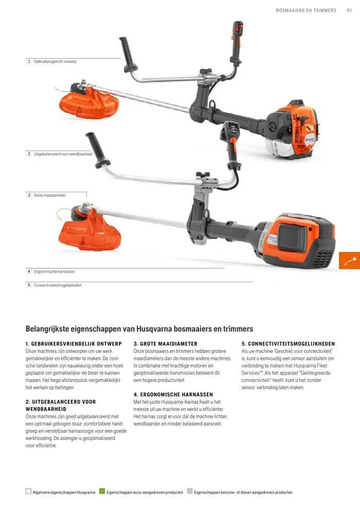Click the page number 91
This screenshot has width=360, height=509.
click(x=349, y=10)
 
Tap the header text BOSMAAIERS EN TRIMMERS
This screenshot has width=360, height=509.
click(x=306, y=10)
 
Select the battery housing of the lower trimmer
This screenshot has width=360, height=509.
click(x=301, y=241)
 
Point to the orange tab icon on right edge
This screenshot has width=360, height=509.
click(x=350, y=260)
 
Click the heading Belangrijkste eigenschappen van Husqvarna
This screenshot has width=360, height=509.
click(x=139, y=329)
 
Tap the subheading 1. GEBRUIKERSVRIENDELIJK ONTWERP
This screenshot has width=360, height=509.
click(x=74, y=343)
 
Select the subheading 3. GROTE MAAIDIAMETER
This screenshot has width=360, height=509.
click(x=165, y=343)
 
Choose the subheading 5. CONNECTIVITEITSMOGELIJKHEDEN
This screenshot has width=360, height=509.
click(x=288, y=343)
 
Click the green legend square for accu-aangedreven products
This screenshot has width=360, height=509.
click(x=102, y=492)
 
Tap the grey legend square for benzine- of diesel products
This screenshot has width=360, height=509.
click(x=190, y=492)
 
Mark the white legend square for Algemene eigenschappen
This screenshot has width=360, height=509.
click(x=28, y=492)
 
